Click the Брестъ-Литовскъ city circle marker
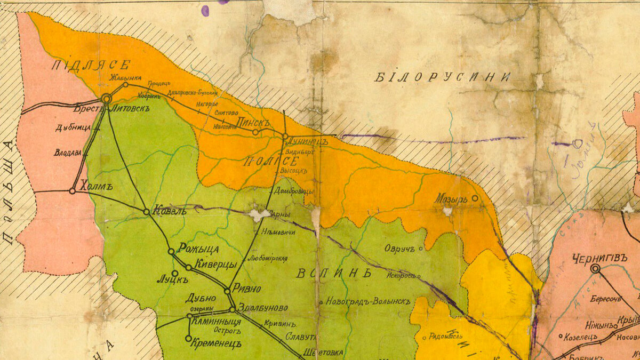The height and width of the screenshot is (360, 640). click(107, 98)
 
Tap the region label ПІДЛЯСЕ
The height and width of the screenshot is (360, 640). click(91, 66)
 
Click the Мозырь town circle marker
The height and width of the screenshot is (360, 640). click(475, 198)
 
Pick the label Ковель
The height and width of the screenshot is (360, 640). click(170, 210)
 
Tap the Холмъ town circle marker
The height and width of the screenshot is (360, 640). click(73, 190)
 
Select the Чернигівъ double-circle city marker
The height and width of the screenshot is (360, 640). click(595, 269)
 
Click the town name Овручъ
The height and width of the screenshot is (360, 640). click(399, 248)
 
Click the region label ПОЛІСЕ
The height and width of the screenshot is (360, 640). click(262, 162)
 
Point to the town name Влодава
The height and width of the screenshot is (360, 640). click(67, 152)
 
